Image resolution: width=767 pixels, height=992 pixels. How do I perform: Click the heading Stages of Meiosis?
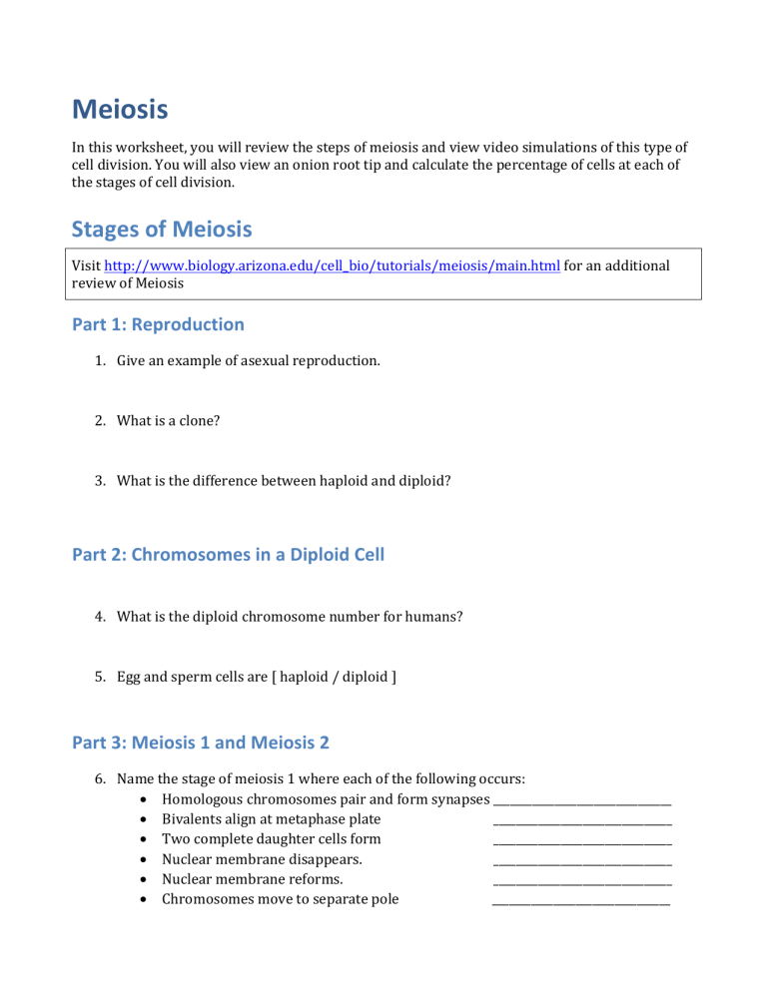(162, 229)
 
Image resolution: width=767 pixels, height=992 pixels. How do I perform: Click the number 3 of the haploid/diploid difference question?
(100, 480)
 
